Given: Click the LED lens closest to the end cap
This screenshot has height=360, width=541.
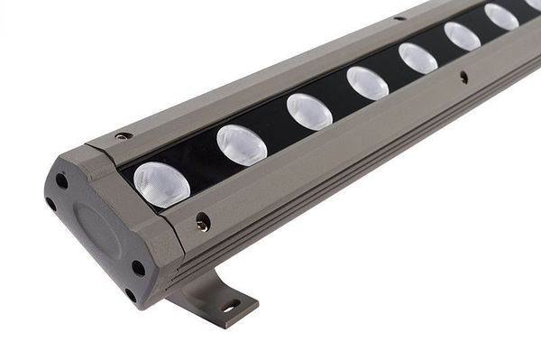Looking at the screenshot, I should [161, 183].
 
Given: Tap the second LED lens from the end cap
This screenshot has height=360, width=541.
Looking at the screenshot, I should [242, 144].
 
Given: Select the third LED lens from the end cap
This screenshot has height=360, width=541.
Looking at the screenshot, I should [309, 111].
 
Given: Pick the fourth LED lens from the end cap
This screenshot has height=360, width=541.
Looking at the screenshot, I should [368, 83].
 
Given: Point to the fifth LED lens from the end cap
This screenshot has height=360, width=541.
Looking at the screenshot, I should [417, 59].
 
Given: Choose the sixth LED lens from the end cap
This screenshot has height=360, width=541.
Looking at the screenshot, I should [463, 36].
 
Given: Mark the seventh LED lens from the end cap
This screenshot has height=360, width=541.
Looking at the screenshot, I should [501, 16].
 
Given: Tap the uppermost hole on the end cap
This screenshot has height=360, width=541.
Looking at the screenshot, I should [61, 180].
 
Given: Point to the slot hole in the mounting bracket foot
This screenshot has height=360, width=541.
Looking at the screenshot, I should [232, 304].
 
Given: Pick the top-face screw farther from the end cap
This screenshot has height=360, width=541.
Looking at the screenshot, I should [399, 17].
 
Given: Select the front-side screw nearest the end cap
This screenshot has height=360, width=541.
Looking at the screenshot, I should [203, 221].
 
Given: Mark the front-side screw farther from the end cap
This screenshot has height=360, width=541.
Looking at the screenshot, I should [463, 78].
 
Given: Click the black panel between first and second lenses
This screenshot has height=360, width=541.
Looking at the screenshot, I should [200, 168].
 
